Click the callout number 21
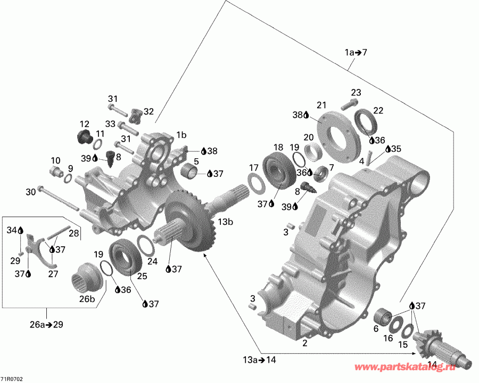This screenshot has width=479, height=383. tap(321, 104)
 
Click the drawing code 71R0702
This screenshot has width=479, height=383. tap(12, 379)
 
